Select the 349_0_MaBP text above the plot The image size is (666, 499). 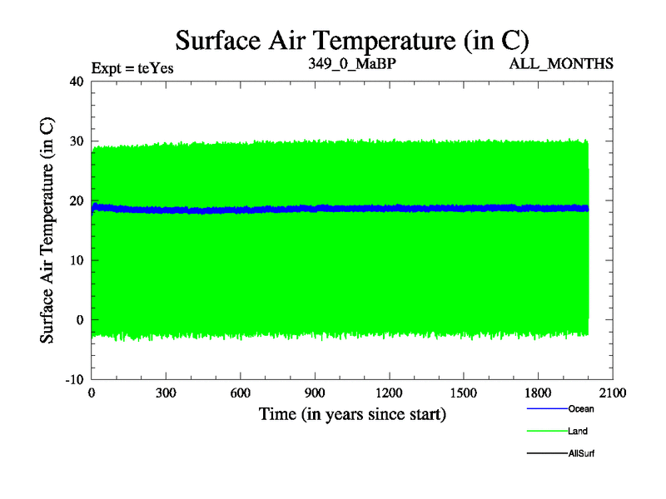pyautogui.click(x=350, y=63)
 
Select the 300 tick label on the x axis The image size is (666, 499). pyautogui.click(x=166, y=393)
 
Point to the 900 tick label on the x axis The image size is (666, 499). pyautogui.click(x=315, y=393)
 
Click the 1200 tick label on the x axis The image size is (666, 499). pyautogui.click(x=389, y=393)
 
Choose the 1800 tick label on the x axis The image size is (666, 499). pyautogui.click(x=538, y=393)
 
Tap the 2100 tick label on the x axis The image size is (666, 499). pyautogui.click(x=612, y=393)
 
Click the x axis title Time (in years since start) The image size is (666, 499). pyautogui.click(x=352, y=413)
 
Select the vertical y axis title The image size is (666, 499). pyautogui.click(x=48, y=230)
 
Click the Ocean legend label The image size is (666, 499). pyautogui.click(x=581, y=409)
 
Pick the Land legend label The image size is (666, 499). pyautogui.click(x=579, y=432)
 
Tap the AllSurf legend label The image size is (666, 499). pyautogui.click(x=582, y=454)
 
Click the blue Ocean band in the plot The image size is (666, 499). pyautogui.click(x=333, y=209)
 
